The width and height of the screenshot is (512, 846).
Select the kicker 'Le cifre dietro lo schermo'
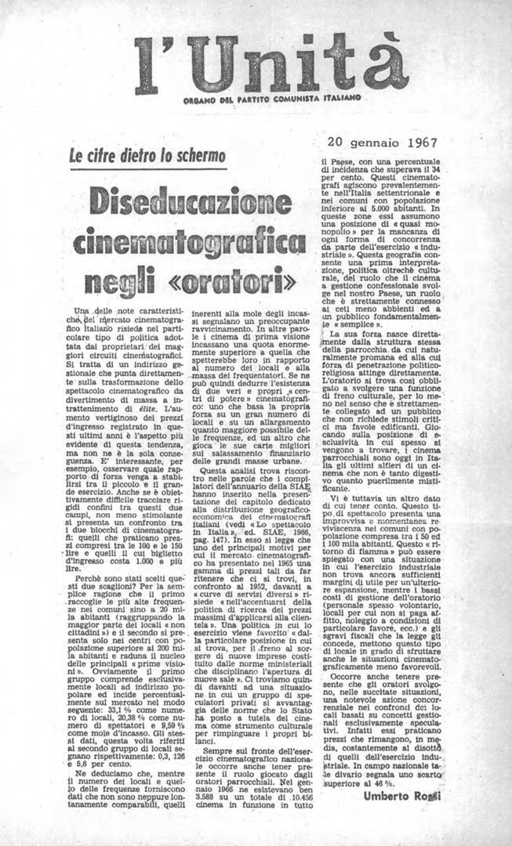click(147, 156)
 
